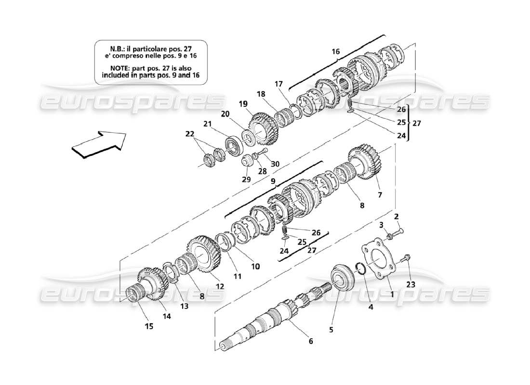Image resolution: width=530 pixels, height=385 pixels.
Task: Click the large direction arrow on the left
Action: (98, 143)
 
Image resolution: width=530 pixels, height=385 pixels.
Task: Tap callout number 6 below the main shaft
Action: (311, 341)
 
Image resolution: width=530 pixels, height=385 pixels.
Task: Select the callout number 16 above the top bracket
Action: (335, 51)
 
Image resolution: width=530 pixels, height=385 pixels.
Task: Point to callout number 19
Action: (242, 103)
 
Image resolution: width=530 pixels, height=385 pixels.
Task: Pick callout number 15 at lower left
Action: (149, 326)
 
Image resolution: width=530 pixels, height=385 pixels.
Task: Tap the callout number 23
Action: (411, 284)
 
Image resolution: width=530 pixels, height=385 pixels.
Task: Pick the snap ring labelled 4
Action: (359, 267)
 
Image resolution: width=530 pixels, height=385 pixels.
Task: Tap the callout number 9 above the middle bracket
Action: (273, 182)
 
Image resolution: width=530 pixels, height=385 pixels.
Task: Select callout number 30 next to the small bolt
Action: (275, 164)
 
